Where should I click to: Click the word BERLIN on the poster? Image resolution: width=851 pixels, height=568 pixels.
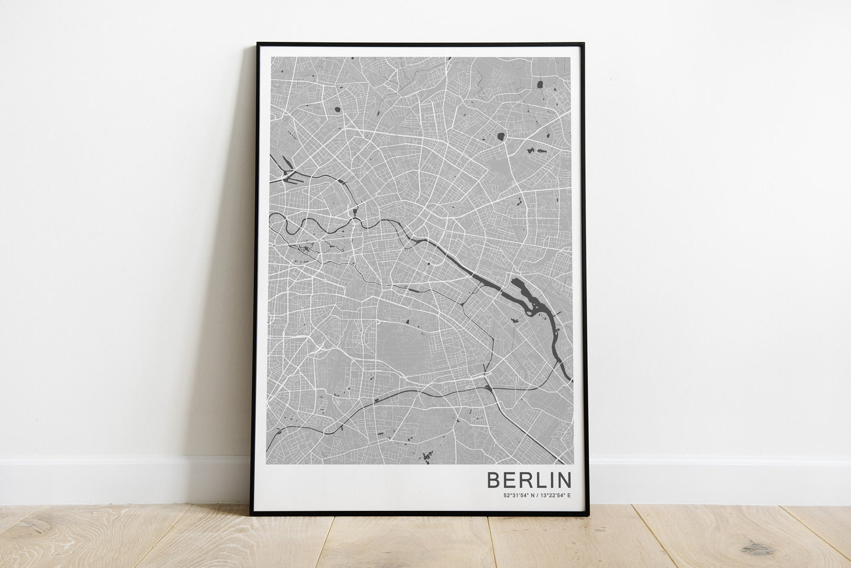pyautogui.click(x=528, y=479)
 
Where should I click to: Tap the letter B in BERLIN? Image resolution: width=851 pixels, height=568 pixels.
pyautogui.click(x=494, y=479)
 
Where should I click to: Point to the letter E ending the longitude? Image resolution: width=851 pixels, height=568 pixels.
pyautogui.click(x=569, y=496)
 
